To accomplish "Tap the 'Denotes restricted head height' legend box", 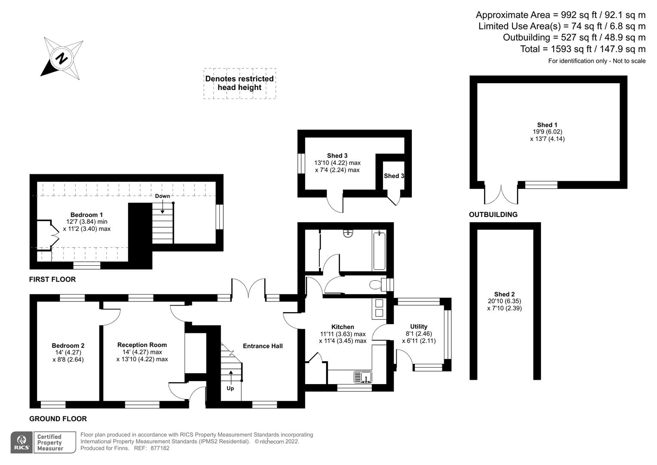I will [240, 83].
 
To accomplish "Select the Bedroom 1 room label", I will [86, 215].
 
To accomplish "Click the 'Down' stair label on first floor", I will [162, 196].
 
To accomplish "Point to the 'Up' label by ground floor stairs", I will [230, 388].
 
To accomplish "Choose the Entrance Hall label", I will [262, 346].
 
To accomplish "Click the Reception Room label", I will [142, 345].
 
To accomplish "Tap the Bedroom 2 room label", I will [68, 345].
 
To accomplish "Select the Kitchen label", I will [342, 327].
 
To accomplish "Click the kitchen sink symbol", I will [363, 377].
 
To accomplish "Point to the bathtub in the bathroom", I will [379, 250].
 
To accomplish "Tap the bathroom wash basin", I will [348, 234].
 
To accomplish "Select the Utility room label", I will [419, 326].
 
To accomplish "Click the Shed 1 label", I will [547, 125].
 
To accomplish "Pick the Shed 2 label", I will [504, 294].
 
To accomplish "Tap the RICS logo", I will [22, 442].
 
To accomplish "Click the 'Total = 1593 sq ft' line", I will [583, 49].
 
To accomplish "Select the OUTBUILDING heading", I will [493, 214].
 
